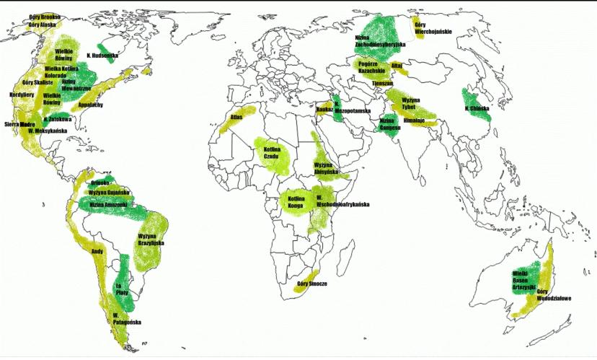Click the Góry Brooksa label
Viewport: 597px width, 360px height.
pyautogui.click(x=45, y=16)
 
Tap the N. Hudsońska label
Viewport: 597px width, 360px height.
pyautogui.click(x=102, y=54)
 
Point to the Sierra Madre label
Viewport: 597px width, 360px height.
pyautogui.click(x=20, y=124)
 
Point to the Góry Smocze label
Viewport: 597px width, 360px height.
pyautogui.click(x=312, y=284)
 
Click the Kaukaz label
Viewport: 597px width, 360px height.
pyautogui.click(x=325, y=109)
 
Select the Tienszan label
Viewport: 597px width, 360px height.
pyautogui.click(x=382, y=82)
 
